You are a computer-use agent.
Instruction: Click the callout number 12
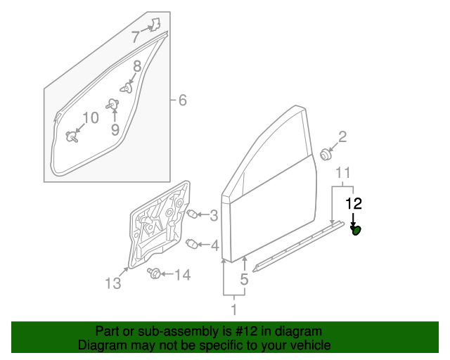click(x=354, y=204)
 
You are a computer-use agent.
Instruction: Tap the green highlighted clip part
click(x=356, y=230)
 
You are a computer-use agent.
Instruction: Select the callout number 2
click(x=342, y=136)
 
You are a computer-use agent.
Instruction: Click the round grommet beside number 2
click(x=326, y=155)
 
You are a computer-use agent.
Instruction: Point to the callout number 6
click(x=183, y=100)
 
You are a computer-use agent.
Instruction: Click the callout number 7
click(x=136, y=37)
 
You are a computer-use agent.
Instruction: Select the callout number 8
click(x=138, y=66)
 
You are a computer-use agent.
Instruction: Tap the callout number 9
click(x=115, y=130)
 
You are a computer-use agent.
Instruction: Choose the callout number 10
click(x=91, y=117)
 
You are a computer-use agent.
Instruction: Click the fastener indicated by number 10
click(x=72, y=136)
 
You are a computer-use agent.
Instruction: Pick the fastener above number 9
click(x=112, y=105)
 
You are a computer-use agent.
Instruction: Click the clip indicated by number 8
click(x=127, y=88)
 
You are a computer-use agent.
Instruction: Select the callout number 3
click(x=214, y=216)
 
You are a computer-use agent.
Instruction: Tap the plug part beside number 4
click(x=192, y=244)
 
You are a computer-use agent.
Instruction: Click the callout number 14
click(x=183, y=275)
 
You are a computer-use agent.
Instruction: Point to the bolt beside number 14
click(x=154, y=273)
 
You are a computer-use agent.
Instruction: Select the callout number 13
click(x=113, y=283)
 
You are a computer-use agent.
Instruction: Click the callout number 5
click(x=244, y=279)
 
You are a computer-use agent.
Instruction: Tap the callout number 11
click(x=343, y=173)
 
